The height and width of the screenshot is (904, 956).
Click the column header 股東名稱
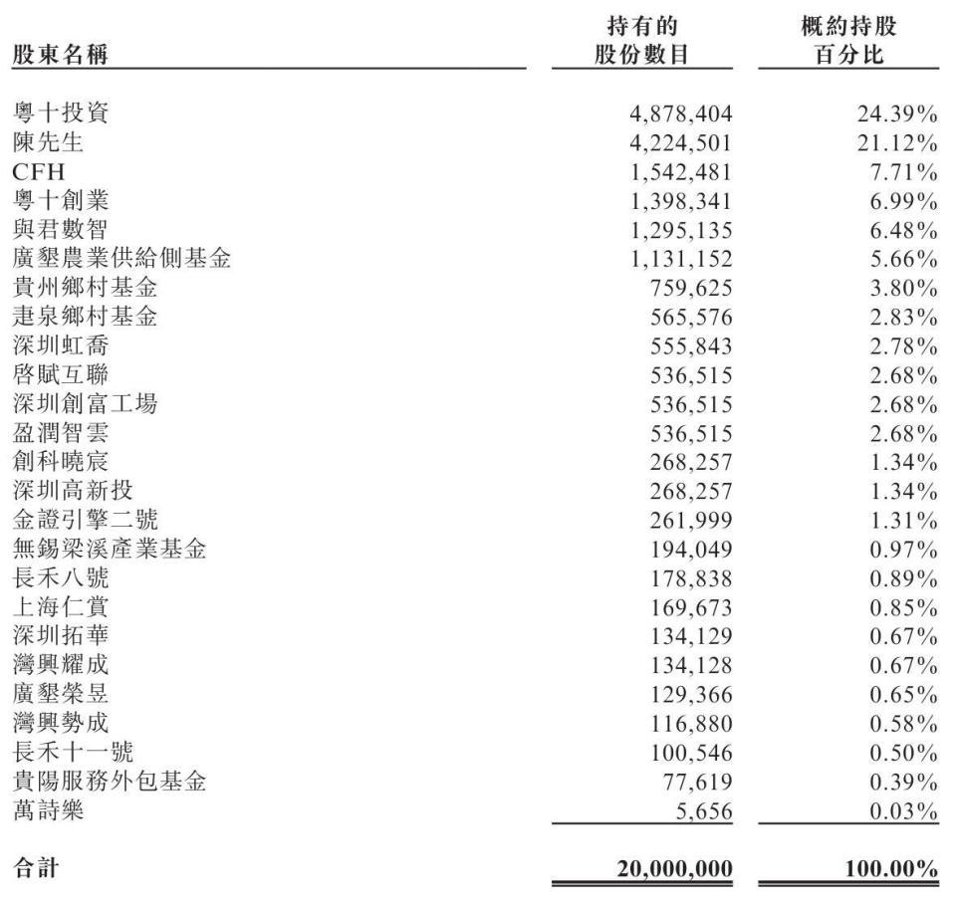(x=60, y=55)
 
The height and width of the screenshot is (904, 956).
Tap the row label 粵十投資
(x=60, y=114)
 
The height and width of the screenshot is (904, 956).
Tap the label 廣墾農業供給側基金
(x=121, y=260)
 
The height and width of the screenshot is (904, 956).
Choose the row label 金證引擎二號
(x=85, y=520)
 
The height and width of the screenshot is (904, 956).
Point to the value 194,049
(x=688, y=550)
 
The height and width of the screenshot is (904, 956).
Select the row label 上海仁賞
(x=60, y=606)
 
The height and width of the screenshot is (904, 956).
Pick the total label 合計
(x=35, y=869)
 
